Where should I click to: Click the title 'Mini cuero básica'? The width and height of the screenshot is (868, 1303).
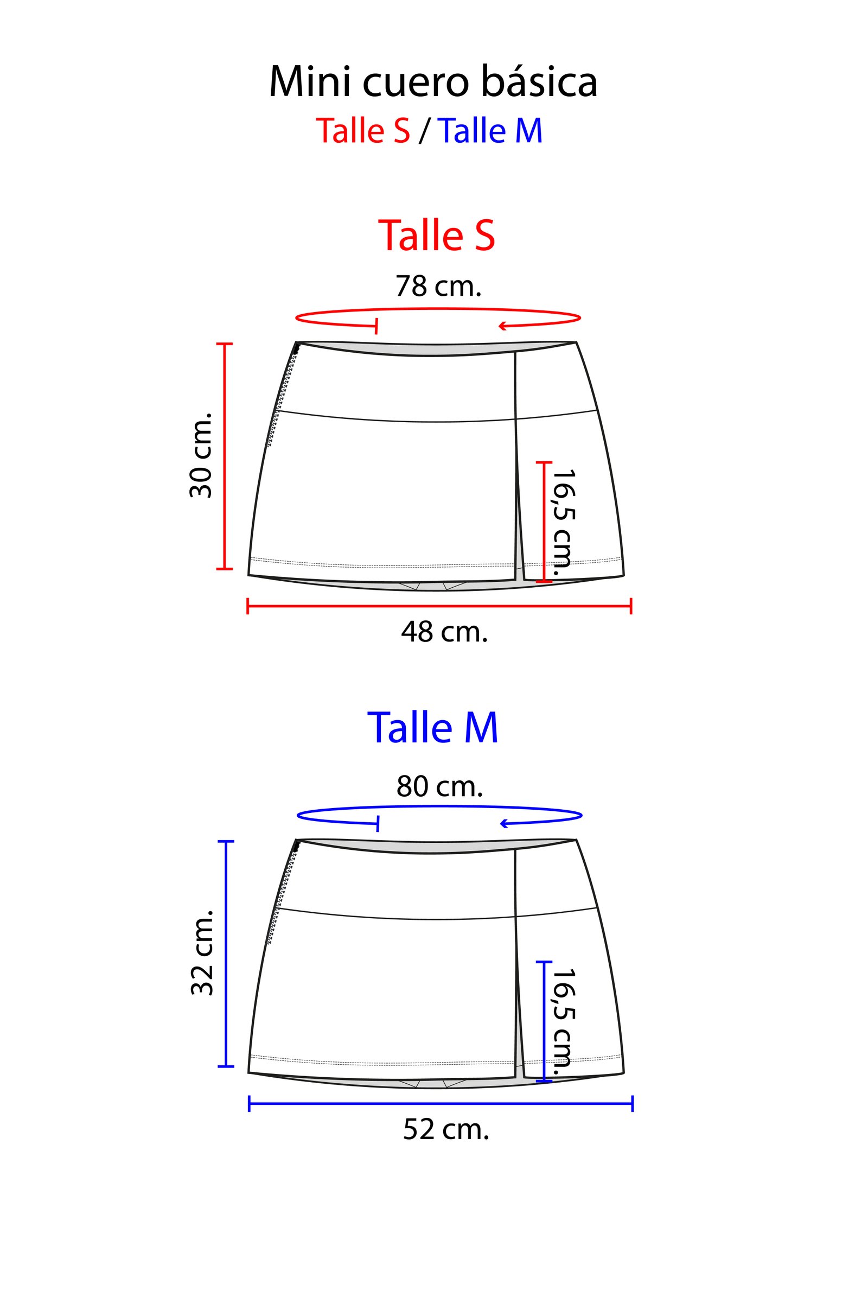coord(433,82)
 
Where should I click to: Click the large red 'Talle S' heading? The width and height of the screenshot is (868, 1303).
coord(436,235)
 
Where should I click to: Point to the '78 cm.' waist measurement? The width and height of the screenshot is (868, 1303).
coord(438,286)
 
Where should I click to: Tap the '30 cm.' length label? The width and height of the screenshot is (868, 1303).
coord(201,455)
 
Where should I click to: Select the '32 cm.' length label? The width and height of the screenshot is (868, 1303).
coord(202,952)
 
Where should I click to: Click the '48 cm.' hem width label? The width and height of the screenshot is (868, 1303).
coord(444,631)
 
